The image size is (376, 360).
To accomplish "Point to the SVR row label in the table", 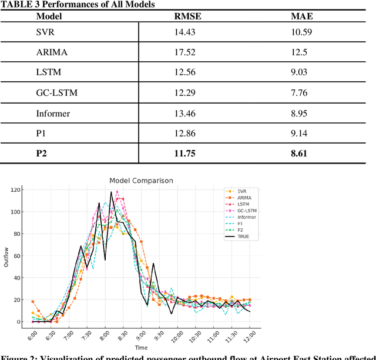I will (x=46, y=32).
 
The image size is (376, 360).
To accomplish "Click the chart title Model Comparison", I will (x=142, y=180).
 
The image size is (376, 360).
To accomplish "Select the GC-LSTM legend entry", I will (x=247, y=211).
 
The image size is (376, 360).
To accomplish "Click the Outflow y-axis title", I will (x=6, y=256).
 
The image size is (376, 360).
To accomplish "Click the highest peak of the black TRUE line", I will (x=111, y=192).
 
